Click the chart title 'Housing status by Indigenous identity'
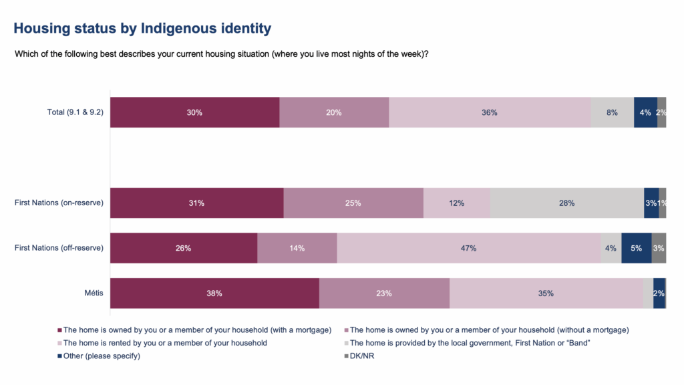pos(142,29)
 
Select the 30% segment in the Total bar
pos(194,112)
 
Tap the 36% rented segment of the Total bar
pos(490,112)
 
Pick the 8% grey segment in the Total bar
pos(612,112)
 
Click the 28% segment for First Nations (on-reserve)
pos(566,203)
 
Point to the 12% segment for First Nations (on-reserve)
pos(456,203)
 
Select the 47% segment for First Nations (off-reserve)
pos(468,248)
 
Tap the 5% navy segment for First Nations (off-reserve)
pos(636,248)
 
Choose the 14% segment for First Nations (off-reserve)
pos(297,248)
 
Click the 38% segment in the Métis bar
pos(214,293)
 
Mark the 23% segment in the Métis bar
pos(383,293)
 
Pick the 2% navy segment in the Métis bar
pos(659,293)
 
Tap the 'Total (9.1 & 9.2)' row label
pos(75,112)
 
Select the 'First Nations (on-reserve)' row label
pos(59,203)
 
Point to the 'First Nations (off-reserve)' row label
pos(59,248)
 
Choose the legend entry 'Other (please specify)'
pos(101,356)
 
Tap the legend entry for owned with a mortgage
pos(197,330)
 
